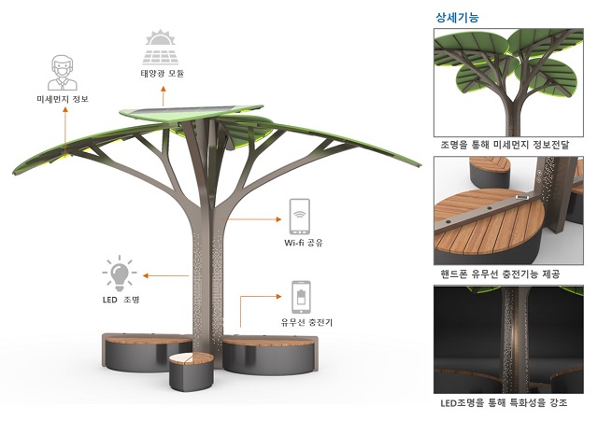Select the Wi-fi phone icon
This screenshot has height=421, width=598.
(x=299, y=217)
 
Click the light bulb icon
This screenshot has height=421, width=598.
(x=119, y=274)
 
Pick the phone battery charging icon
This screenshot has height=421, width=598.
(x=301, y=297)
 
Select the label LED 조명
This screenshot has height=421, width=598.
(x=120, y=301)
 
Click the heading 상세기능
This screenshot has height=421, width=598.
(x=457, y=16)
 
